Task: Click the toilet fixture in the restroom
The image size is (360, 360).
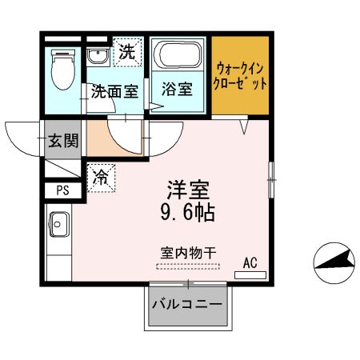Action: click(x=61, y=70)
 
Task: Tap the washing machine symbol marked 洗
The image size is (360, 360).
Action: click(x=126, y=54)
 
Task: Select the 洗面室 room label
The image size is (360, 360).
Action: click(x=114, y=91)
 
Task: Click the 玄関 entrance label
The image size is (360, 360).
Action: click(x=62, y=142)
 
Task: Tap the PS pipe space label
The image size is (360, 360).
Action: click(x=62, y=190)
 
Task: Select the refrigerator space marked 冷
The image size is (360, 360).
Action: click(x=102, y=177)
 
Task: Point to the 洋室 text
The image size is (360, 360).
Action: click(x=189, y=190)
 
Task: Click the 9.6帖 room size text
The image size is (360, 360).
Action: click(x=189, y=214)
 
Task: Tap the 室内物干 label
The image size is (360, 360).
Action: click(x=188, y=252)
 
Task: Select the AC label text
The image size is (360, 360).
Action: click(x=250, y=262)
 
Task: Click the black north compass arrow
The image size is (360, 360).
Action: click(x=333, y=261)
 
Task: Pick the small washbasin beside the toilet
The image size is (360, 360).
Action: click(x=98, y=57)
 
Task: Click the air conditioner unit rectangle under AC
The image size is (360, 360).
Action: click(x=250, y=274)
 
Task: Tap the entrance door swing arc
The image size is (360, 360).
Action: click(x=24, y=136)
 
